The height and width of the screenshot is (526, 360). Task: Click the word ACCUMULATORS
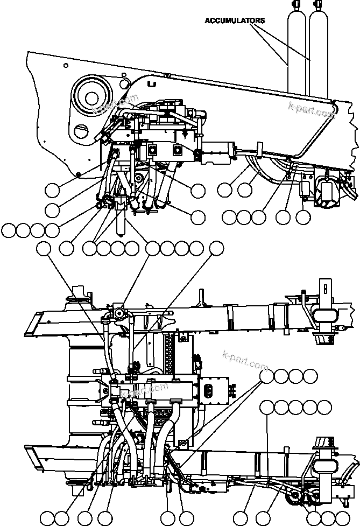point(234,20)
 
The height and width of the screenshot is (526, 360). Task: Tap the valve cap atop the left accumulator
point(295,6)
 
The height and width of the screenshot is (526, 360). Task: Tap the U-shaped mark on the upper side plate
point(152,85)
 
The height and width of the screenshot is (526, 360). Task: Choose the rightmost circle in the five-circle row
point(324,407)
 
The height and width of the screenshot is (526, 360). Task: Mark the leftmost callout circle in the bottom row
point(47,517)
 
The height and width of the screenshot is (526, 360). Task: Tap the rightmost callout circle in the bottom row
point(342,517)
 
